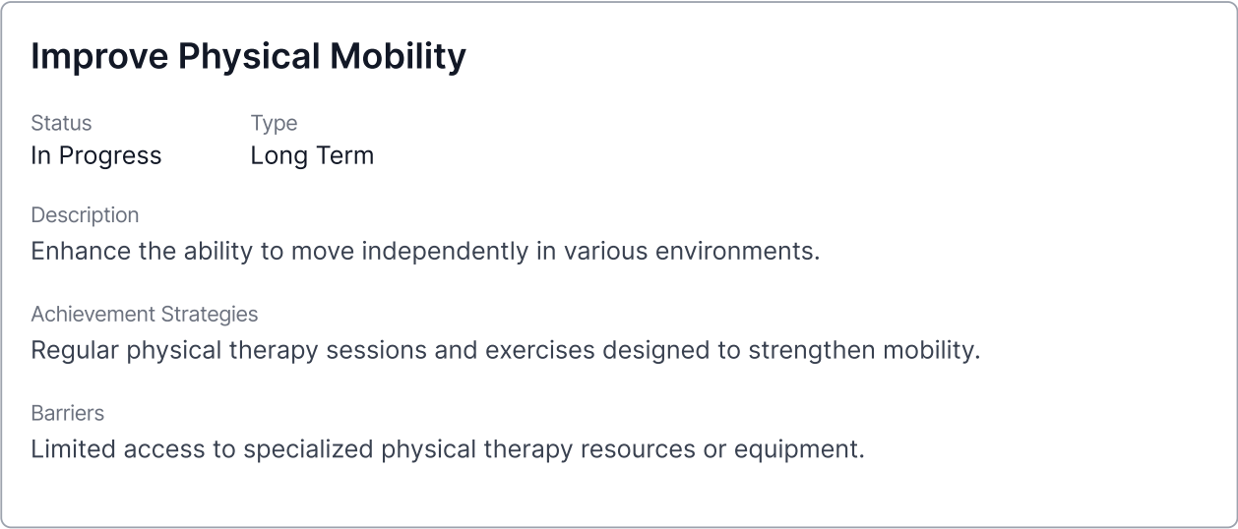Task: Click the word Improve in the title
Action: [99, 57]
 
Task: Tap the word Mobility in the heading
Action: [398, 57]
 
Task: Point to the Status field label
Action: [61, 123]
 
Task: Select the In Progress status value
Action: [96, 155]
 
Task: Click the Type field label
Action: [275, 123]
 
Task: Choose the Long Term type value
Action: [312, 155]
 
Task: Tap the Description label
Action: [85, 215]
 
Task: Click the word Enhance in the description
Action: [81, 252]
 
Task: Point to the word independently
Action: [445, 252]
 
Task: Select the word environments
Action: [737, 252]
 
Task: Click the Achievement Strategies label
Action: [145, 315]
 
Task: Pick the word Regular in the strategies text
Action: [75, 351]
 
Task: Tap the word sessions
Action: [376, 351]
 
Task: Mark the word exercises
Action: [540, 351]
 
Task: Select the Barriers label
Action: [68, 413]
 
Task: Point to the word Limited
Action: [73, 449]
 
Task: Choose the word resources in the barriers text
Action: [638, 449]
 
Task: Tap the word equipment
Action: [799, 450]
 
